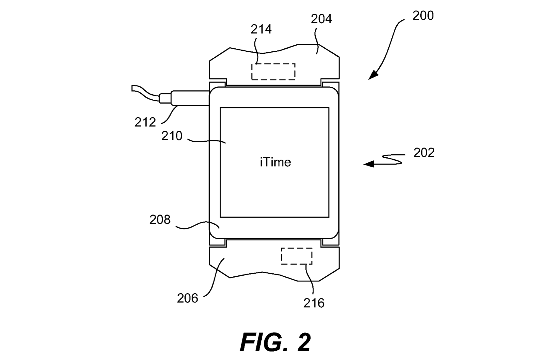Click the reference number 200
(x=423, y=16)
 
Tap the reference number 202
(x=424, y=153)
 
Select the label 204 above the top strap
(x=321, y=19)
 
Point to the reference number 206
(x=187, y=298)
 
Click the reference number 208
(x=160, y=220)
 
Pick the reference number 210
(x=172, y=136)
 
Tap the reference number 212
(x=145, y=122)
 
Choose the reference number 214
(x=261, y=29)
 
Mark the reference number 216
(x=314, y=303)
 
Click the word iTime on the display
(x=275, y=162)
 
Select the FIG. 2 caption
(x=275, y=342)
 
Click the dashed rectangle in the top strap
(x=273, y=72)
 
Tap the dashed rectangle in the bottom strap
(x=297, y=256)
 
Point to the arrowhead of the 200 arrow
(x=373, y=76)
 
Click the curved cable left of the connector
(x=145, y=92)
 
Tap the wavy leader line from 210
(x=207, y=141)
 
